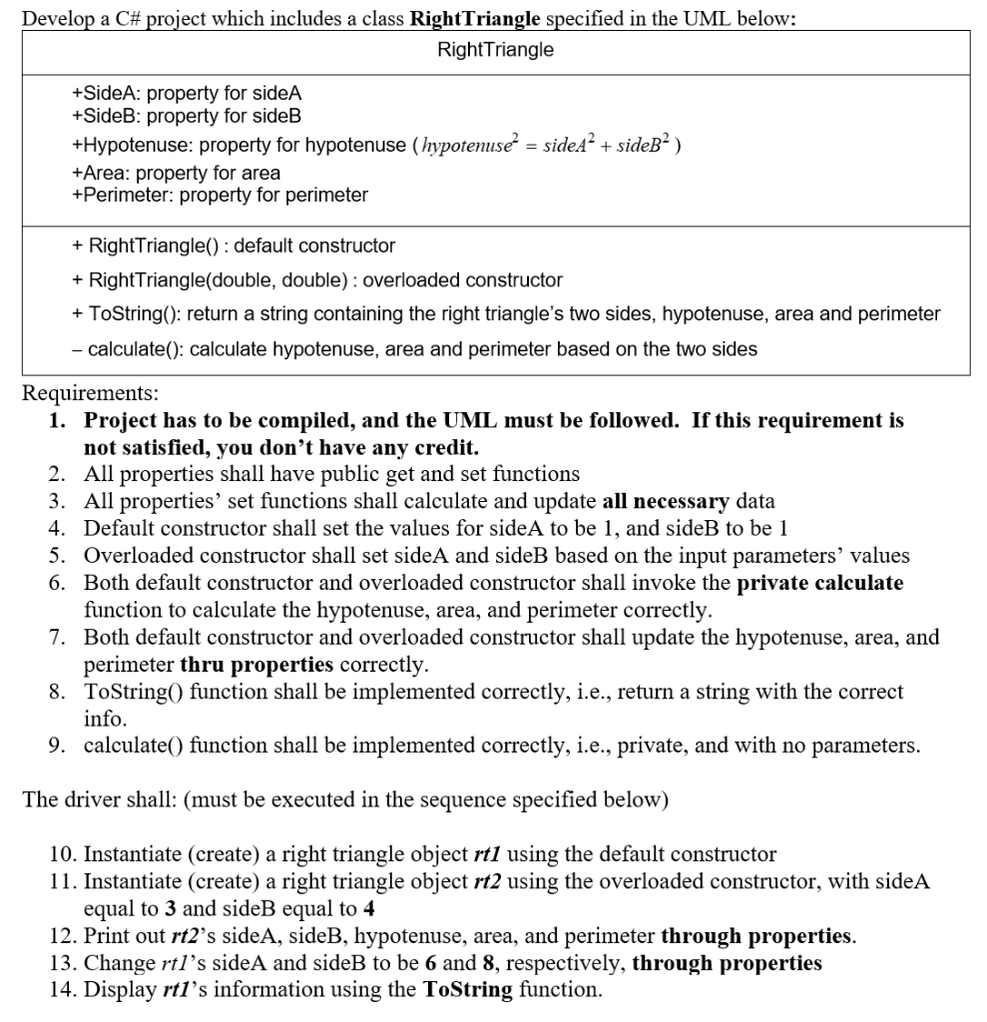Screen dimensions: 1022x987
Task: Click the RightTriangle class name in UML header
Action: click(x=495, y=50)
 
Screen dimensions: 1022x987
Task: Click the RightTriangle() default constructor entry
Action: click(x=234, y=246)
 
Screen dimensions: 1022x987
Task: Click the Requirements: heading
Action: click(x=90, y=393)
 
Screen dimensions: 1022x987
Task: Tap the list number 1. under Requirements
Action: click(x=58, y=420)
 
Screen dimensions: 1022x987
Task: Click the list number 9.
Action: click(x=58, y=746)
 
